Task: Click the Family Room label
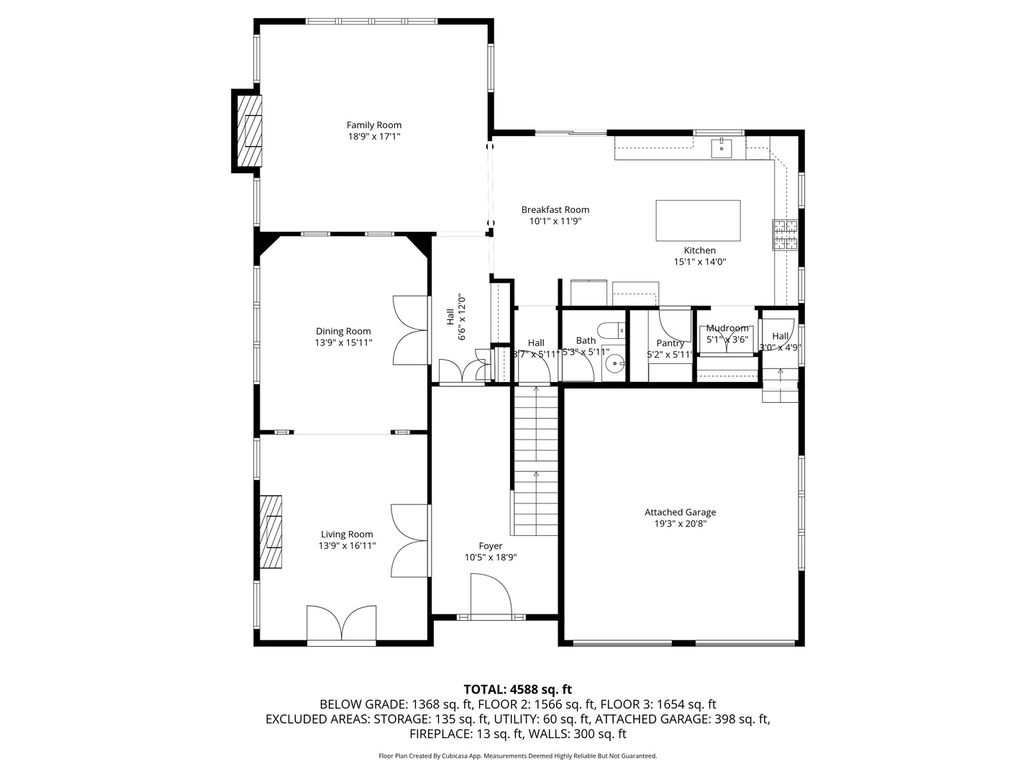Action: [374, 125]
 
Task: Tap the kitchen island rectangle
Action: [698, 221]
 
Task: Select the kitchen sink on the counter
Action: [721, 148]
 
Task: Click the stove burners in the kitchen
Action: [786, 235]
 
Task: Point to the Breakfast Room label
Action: [555, 210]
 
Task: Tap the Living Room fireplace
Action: [271, 532]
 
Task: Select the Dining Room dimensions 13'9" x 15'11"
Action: [343, 343]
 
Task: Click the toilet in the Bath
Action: [612, 332]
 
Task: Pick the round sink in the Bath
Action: [614, 364]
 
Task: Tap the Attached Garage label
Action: [680, 512]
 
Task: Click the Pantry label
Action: [670, 343]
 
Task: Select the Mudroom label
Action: [727, 328]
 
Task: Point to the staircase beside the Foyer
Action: [536, 460]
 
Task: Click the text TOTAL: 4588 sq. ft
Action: [517, 689]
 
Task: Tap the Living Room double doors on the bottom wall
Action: [341, 623]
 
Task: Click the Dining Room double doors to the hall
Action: [411, 330]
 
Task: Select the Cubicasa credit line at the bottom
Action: [517, 756]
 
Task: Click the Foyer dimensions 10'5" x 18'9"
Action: [491, 558]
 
